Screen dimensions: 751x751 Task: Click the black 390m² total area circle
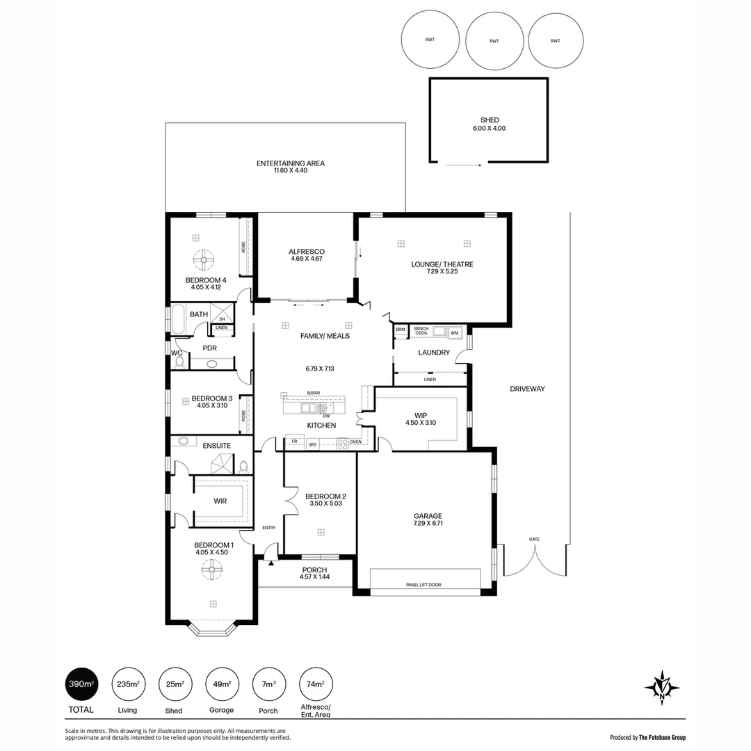(80, 684)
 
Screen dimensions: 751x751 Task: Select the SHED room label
(489, 120)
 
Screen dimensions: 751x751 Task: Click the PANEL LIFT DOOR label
(423, 585)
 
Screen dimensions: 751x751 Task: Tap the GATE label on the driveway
(534, 539)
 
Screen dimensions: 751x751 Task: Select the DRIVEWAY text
(526, 389)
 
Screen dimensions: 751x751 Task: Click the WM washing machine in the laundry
(455, 332)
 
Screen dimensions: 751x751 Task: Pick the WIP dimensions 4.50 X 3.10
(420, 423)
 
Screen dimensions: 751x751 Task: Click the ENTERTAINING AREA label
(290, 163)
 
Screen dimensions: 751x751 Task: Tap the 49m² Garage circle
(222, 684)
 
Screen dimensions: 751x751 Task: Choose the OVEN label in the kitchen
(355, 442)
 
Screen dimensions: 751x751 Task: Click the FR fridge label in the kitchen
(294, 442)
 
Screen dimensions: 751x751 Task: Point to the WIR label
(220, 501)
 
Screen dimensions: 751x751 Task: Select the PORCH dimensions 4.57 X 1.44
(314, 577)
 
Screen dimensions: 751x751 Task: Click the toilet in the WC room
(179, 361)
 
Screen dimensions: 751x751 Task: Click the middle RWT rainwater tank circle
(494, 41)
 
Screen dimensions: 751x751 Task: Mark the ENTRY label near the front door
(268, 528)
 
